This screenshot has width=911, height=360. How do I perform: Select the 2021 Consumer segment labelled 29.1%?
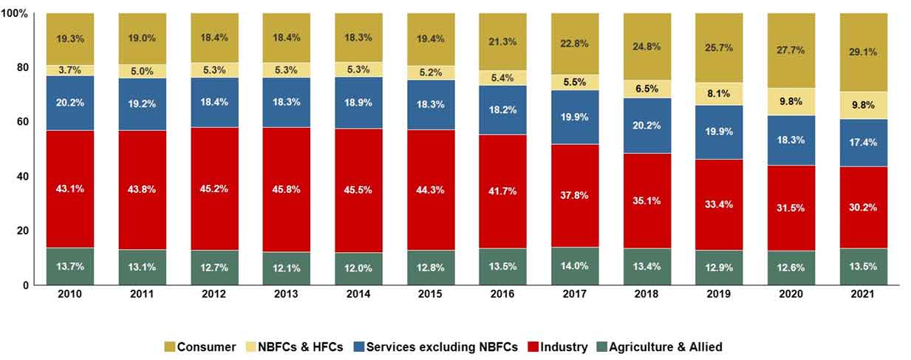pyautogui.click(x=862, y=52)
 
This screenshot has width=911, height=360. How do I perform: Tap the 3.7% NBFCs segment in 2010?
pyautogui.click(x=69, y=69)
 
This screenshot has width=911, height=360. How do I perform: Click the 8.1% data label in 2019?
pyautogui.click(x=718, y=94)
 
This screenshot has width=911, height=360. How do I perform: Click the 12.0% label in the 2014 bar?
pyautogui.click(x=358, y=268)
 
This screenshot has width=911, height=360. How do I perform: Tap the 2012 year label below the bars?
pyautogui.click(x=214, y=294)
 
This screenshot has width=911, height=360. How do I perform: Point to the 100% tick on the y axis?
pyautogui.click(x=17, y=14)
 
